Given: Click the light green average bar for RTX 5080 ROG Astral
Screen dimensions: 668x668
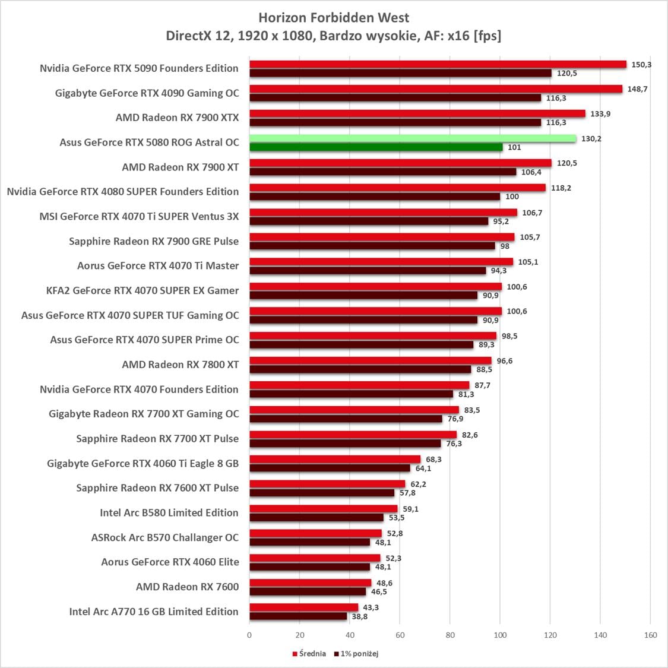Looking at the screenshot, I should click(413, 138).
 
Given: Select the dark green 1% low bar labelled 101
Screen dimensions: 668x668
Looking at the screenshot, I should click(376, 147).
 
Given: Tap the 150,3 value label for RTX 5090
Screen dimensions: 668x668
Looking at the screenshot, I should click(641, 64).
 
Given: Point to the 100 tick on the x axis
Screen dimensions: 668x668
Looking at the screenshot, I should click(500, 635).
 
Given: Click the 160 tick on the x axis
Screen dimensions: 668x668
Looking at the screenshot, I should click(650, 635).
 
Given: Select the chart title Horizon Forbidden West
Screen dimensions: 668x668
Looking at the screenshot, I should click(334, 18).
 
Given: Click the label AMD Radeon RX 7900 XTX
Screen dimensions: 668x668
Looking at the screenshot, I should click(177, 118).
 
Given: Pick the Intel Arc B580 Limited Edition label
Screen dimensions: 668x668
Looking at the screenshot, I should click(169, 512).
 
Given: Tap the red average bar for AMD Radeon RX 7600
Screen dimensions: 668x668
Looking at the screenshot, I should click(310, 583).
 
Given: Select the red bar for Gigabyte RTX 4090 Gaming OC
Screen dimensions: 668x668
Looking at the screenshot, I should click(436, 89).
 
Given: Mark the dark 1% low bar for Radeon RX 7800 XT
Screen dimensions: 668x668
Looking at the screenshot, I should click(360, 369).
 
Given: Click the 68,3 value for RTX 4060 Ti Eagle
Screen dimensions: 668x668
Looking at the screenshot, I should click(433, 460).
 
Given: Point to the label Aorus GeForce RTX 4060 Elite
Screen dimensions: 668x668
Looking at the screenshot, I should click(170, 562).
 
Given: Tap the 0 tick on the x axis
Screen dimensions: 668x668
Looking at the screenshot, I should click(249, 635).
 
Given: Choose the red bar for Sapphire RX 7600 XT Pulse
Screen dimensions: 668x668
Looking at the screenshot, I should click(327, 484).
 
